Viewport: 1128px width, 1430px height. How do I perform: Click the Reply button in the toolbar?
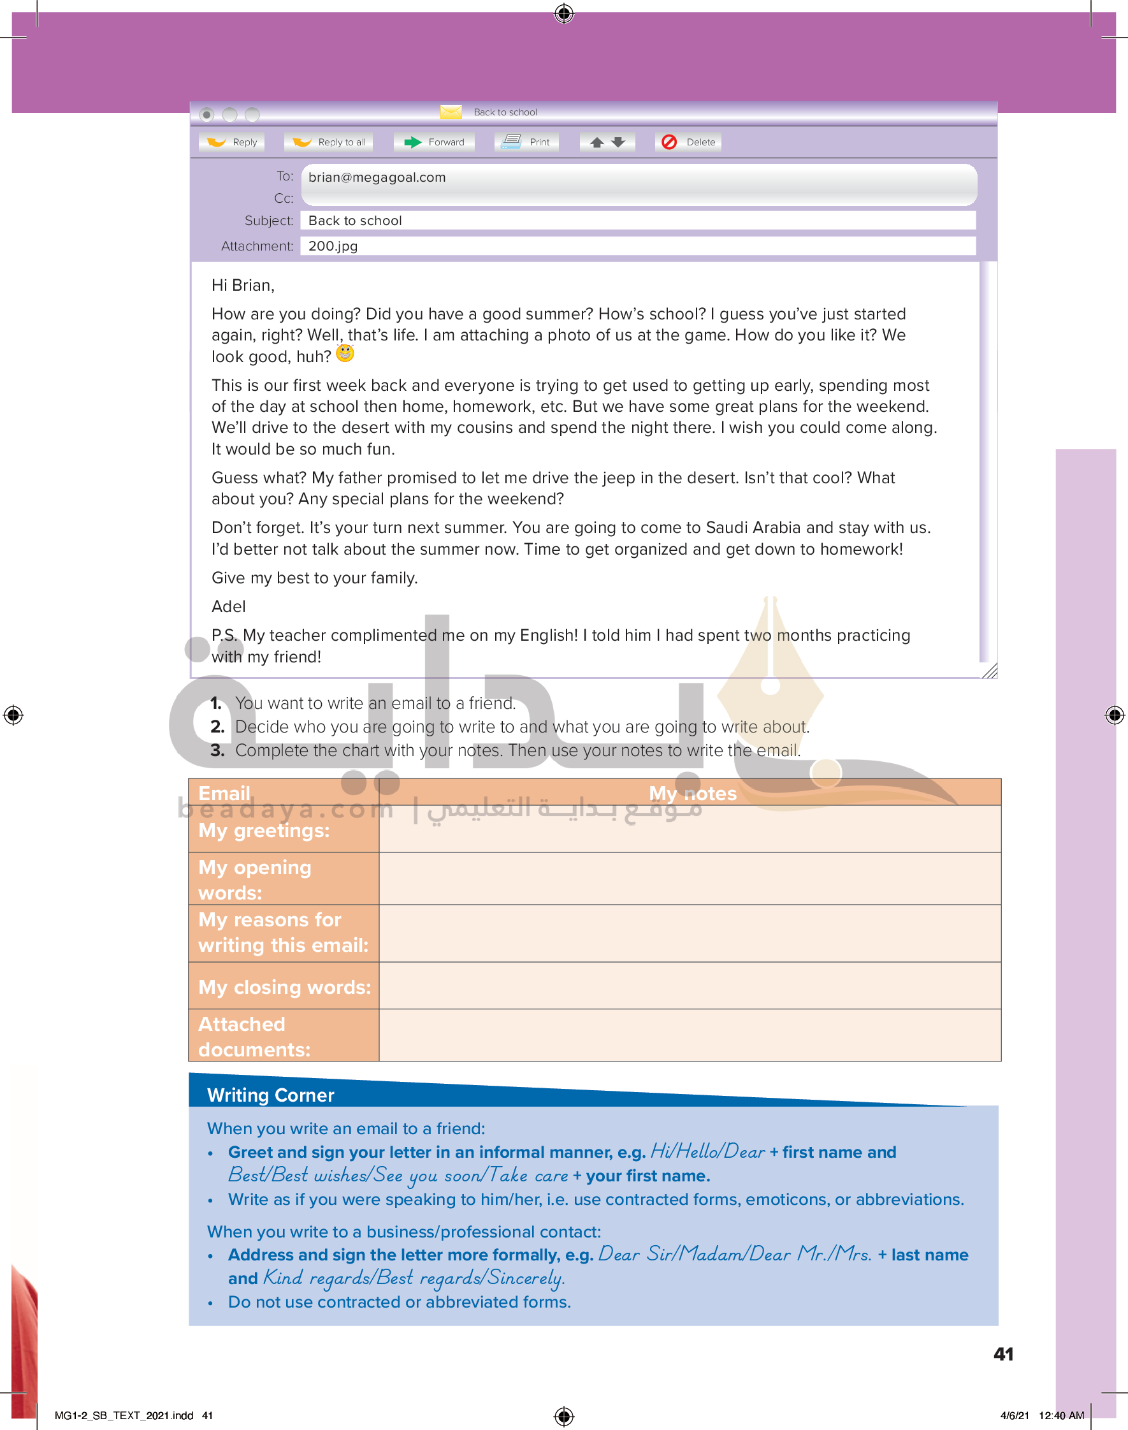[232, 142]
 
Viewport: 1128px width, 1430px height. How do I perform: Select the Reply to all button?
[329, 142]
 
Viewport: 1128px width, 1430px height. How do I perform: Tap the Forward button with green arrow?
[434, 142]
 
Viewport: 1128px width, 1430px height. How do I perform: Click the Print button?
[526, 142]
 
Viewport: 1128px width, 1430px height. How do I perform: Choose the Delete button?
[688, 142]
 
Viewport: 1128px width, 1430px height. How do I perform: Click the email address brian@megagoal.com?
[377, 177]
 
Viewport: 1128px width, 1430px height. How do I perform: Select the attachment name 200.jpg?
[333, 246]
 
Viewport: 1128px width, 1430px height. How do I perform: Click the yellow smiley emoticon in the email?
[345, 353]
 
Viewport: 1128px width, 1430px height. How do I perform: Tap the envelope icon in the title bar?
[451, 112]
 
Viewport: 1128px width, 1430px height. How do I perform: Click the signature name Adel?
[229, 606]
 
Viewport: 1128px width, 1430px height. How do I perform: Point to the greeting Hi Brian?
[242, 286]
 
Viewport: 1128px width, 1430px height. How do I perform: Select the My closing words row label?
[284, 987]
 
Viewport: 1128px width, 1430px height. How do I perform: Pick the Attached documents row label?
[254, 1037]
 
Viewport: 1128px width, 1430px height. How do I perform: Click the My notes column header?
[692, 792]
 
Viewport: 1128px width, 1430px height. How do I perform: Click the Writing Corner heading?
[271, 1095]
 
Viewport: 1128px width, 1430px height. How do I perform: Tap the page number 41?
[1003, 1354]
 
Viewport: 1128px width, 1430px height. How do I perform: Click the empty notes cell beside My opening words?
[690, 879]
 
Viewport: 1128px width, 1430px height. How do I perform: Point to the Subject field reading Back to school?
[356, 221]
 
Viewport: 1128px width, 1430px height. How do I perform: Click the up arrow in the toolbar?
[597, 142]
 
